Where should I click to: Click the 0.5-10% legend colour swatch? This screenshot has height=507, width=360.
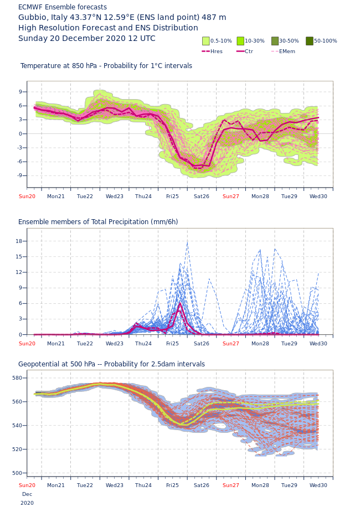[206, 41]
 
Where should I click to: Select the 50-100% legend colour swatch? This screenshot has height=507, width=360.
[310, 41]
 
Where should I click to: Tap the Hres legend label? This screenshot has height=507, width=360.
[217, 51]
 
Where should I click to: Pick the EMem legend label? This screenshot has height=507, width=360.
[287, 51]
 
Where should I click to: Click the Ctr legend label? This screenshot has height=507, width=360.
[249, 51]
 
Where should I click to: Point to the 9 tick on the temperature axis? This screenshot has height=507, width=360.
[20, 92]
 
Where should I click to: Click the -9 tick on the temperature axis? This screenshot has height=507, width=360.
[19, 175]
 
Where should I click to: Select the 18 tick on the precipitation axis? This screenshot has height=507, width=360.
[19, 241]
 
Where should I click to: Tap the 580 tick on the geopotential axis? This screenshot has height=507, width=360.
[17, 378]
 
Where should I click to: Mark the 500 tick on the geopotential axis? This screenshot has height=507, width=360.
[17, 473]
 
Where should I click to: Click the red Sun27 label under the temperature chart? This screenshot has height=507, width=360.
[231, 196]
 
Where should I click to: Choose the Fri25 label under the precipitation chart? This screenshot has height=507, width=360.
[172, 344]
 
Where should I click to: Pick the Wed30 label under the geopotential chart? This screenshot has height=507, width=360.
[318, 485]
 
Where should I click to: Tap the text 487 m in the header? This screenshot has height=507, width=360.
[214, 18]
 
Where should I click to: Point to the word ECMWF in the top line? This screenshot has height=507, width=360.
[30, 7]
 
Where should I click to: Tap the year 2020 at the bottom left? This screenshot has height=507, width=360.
[27, 503]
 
